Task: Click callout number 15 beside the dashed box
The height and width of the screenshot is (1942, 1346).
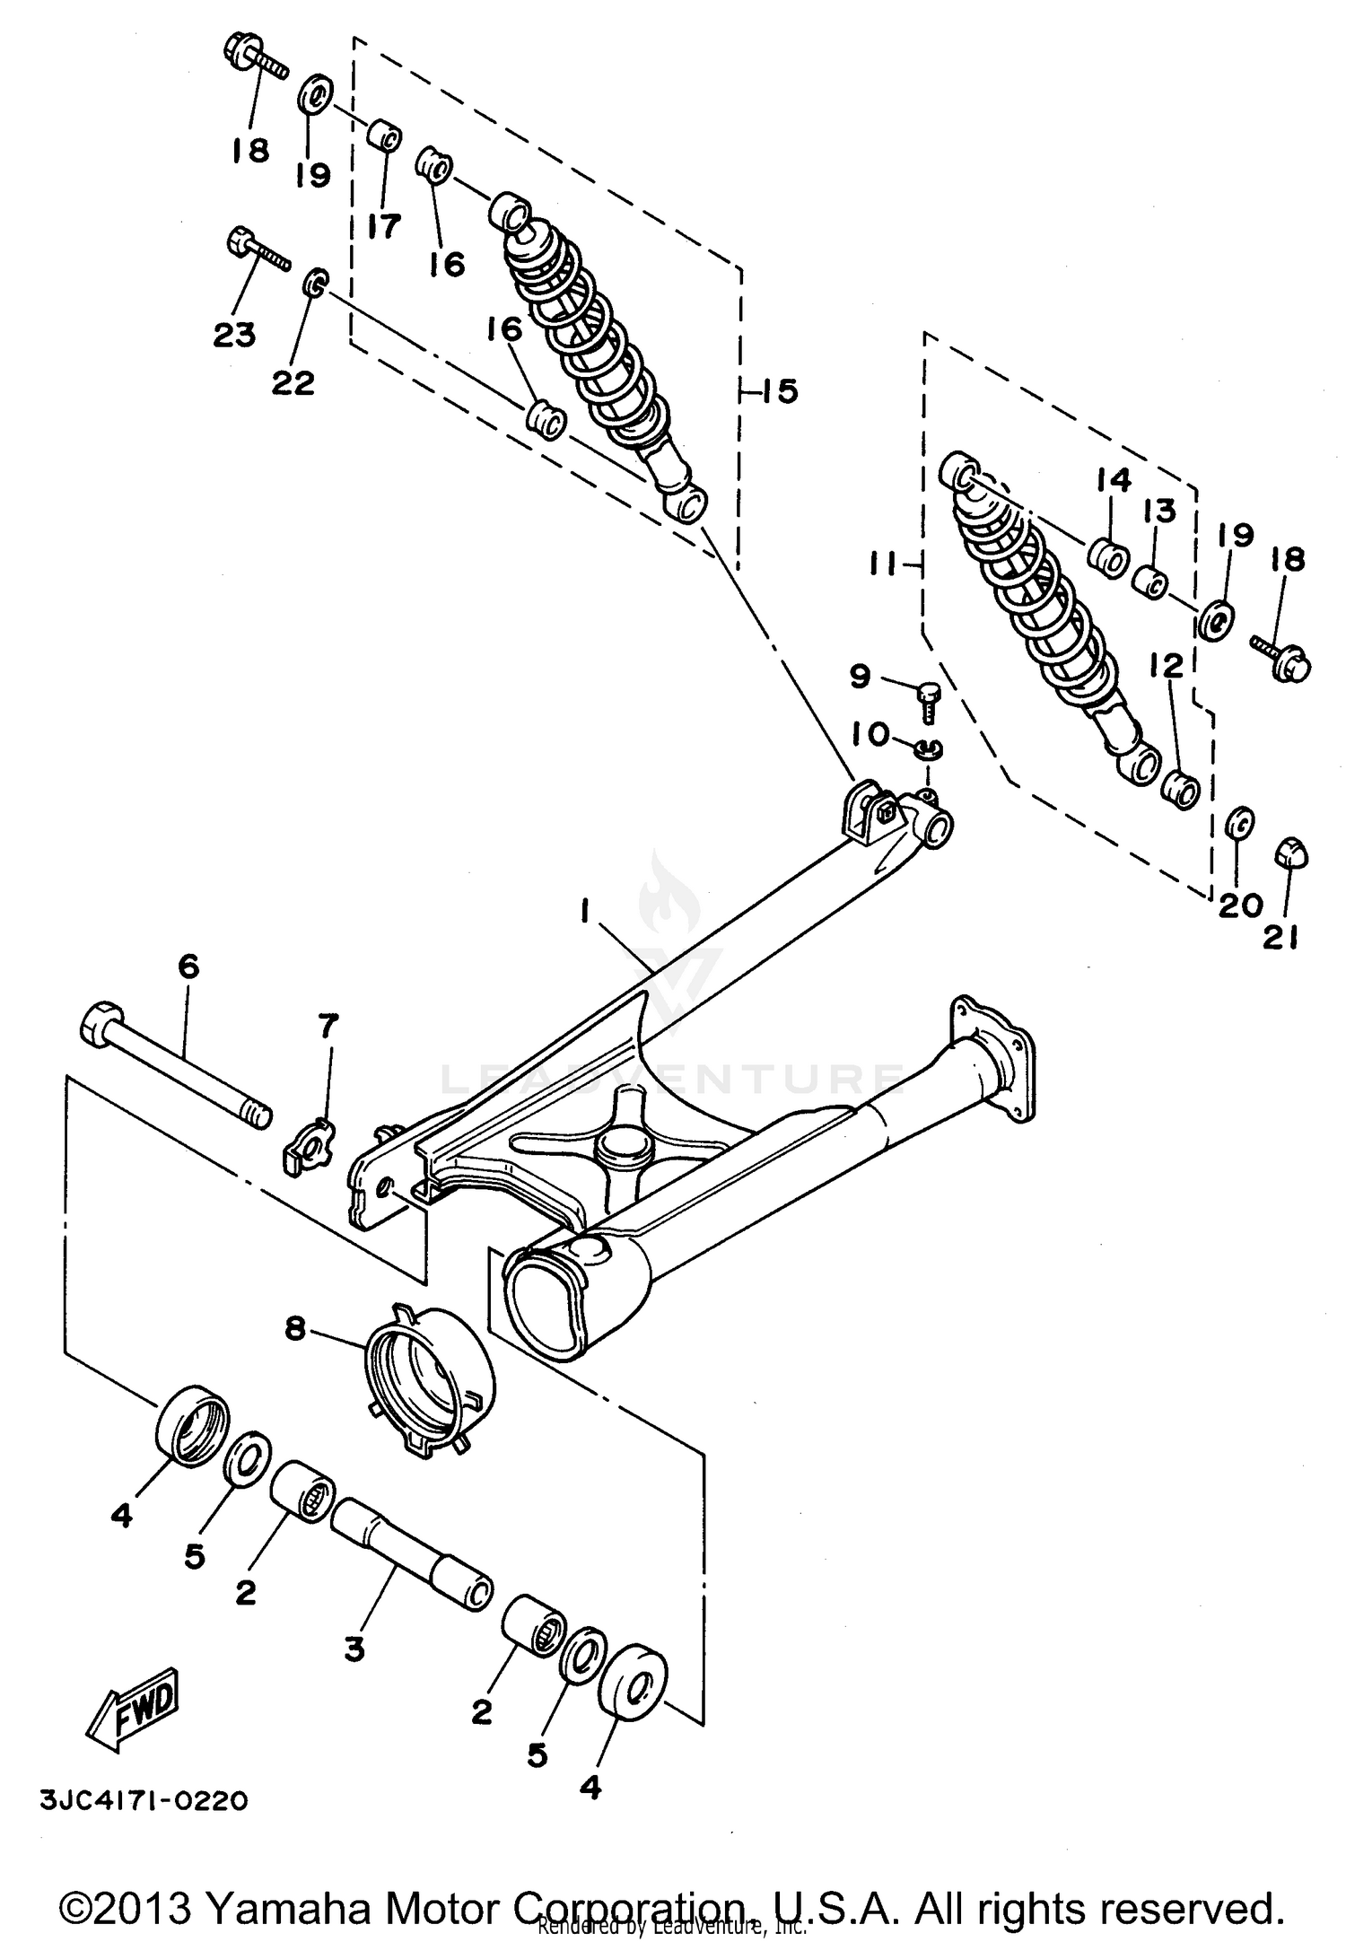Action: tap(779, 392)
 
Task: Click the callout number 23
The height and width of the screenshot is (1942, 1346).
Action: tap(234, 335)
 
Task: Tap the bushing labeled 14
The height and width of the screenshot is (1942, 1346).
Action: tap(1109, 559)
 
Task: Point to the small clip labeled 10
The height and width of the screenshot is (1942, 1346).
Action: tap(928, 748)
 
